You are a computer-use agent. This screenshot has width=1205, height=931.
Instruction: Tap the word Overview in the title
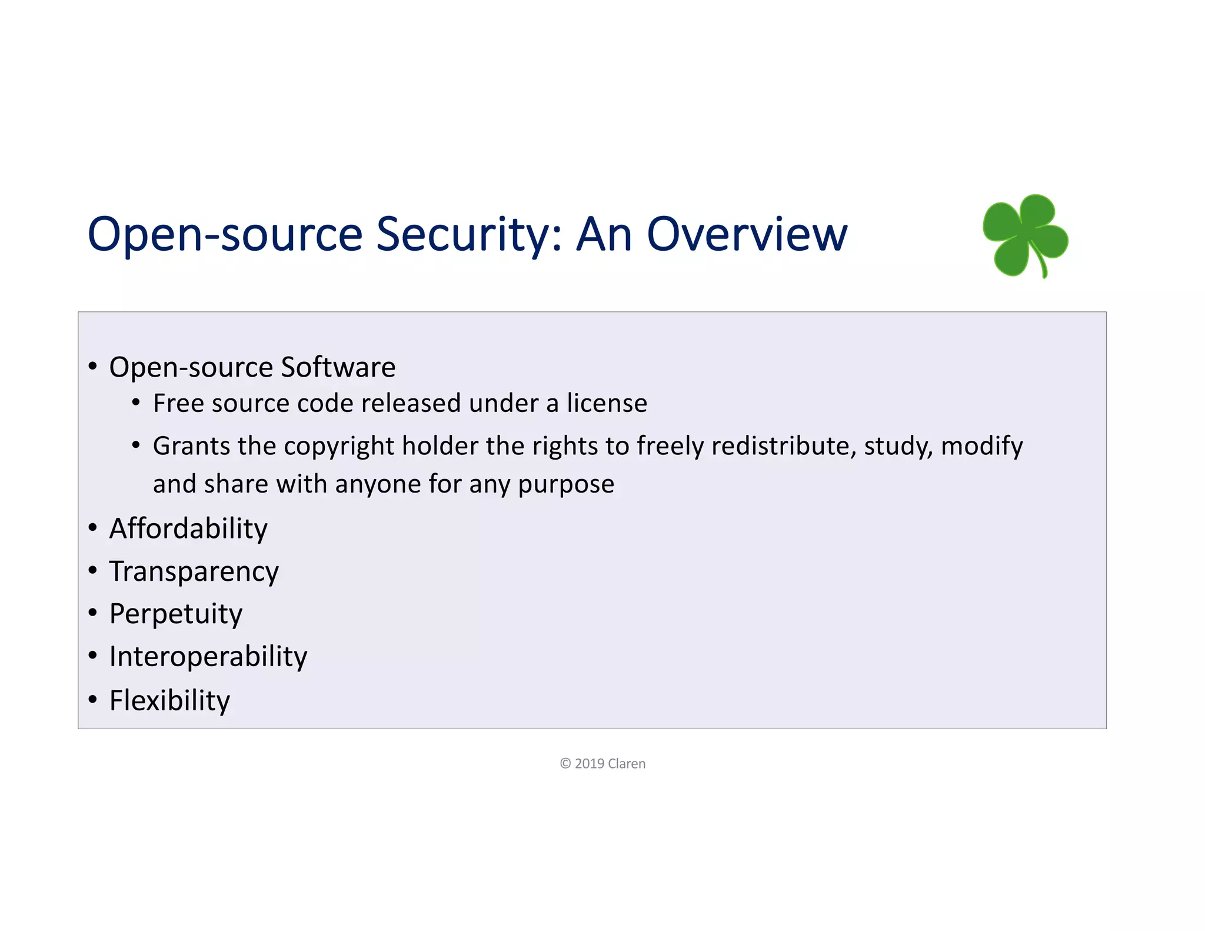coord(747,234)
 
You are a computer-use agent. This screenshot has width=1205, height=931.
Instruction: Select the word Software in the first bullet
coord(338,367)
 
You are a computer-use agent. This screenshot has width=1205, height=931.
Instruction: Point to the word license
coord(607,404)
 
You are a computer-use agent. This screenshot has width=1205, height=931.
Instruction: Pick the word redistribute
coord(783,446)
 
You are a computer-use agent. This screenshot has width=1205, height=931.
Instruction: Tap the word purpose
coord(566,484)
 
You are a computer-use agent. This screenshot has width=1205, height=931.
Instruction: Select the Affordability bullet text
coord(188,528)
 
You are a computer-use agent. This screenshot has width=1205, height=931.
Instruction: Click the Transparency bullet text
coord(194,571)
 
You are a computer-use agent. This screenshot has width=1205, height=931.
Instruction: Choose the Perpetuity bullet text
coord(176,614)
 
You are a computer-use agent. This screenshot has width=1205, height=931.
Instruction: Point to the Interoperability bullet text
coord(208,657)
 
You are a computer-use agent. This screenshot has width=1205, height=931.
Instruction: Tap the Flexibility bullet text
coord(170,700)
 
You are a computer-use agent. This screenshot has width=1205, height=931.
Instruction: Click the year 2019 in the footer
coord(590,764)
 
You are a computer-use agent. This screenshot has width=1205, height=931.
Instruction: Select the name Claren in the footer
coord(627,764)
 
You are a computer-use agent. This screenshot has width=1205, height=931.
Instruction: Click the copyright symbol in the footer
coord(565,764)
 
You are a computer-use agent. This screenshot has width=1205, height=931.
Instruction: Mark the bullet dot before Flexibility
coord(92,700)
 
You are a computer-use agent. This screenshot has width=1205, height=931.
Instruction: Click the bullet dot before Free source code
coord(136,403)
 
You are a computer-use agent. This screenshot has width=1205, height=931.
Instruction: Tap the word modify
coord(981,446)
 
